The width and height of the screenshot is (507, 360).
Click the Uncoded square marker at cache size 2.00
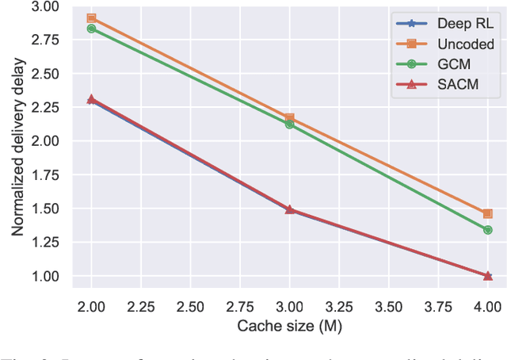tap(92, 18)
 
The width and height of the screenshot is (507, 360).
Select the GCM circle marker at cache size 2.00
tap(92, 29)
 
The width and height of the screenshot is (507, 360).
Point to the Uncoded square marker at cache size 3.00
tap(289, 118)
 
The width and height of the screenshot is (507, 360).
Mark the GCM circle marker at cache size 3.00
tap(289, 124)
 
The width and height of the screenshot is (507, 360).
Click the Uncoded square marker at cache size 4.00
tap(487, 213)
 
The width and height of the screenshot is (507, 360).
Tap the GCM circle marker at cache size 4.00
tap(487, 230)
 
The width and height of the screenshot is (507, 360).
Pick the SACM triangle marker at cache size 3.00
tap(289, 209)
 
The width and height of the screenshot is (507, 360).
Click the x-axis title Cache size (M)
tap(289, 326)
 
